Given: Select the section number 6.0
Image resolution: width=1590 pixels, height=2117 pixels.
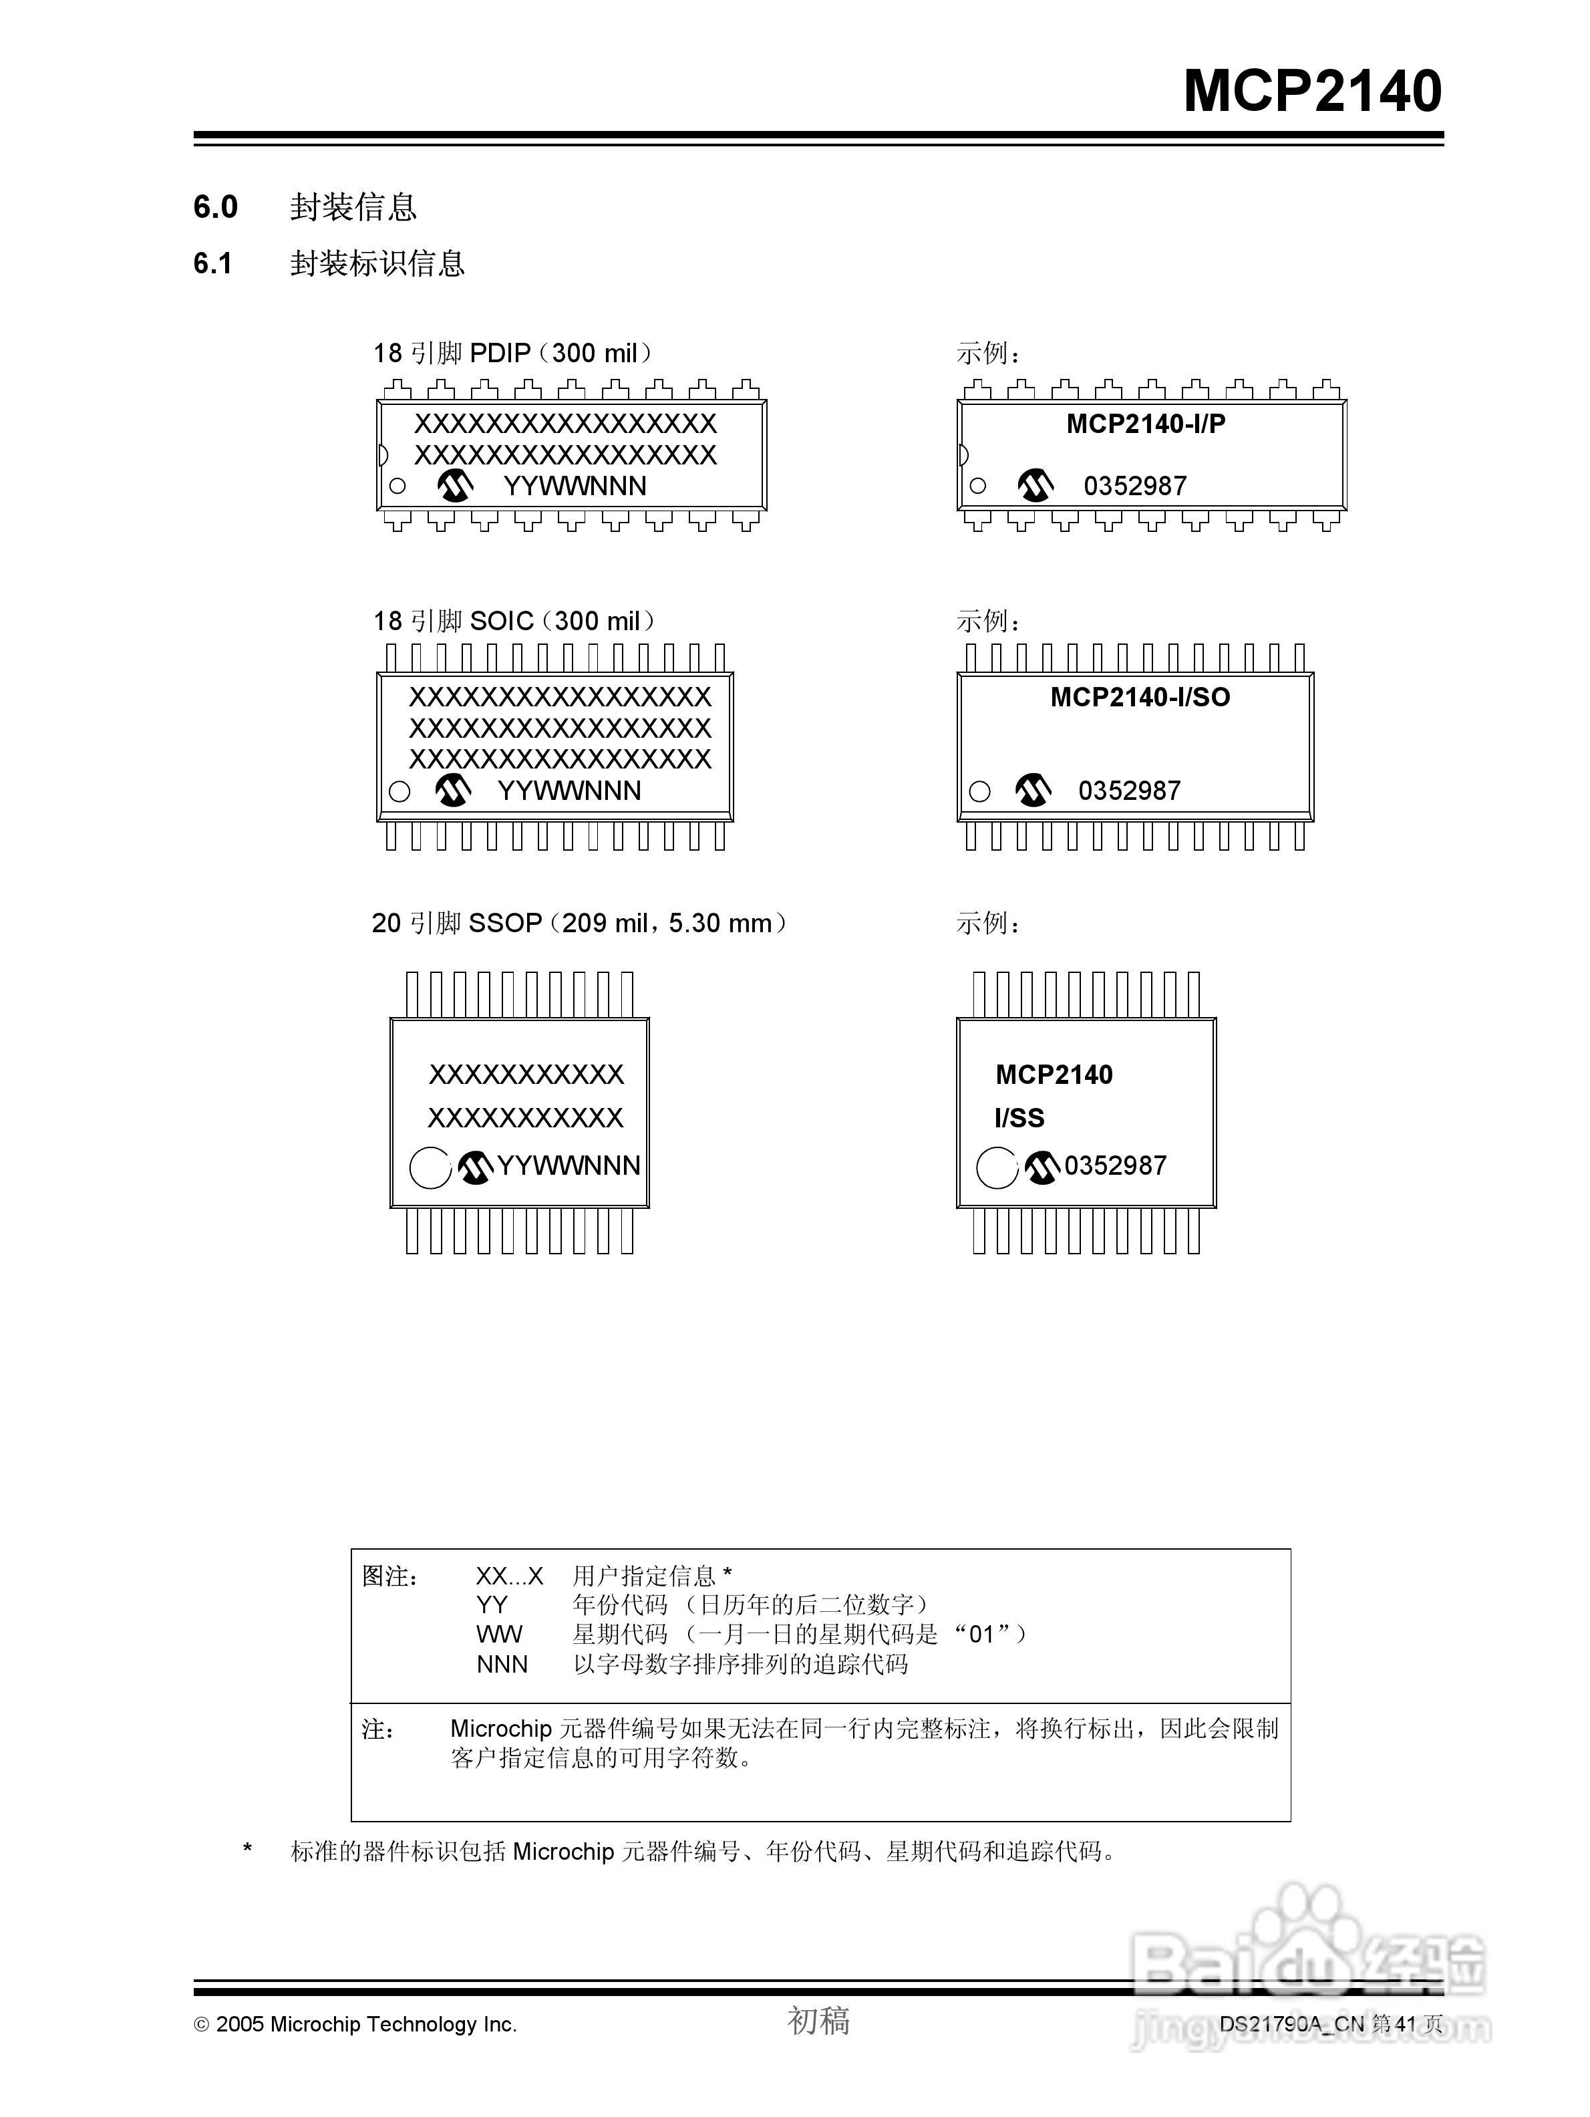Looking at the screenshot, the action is pos(215,206).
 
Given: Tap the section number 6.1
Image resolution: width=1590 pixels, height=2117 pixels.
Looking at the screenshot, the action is pos(212,263).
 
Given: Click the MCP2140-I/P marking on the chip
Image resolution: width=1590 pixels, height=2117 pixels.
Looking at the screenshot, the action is pos(1145,424).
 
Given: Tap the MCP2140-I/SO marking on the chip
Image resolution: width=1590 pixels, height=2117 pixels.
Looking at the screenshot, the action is pos(1140,697).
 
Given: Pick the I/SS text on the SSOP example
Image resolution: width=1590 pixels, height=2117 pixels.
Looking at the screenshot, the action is pos(1019,1118).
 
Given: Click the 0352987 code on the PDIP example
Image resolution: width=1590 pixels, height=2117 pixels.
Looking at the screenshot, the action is pos(1134,486).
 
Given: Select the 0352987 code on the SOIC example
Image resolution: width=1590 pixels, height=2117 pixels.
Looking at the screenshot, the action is pos(1129,791).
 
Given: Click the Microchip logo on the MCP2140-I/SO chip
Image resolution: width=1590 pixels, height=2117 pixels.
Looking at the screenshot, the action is pos(1032,790).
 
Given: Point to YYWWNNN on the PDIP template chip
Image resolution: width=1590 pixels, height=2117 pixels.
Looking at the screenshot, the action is pos(575,486).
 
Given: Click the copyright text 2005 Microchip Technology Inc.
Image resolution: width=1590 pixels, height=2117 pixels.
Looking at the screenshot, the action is pos(356,2023).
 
